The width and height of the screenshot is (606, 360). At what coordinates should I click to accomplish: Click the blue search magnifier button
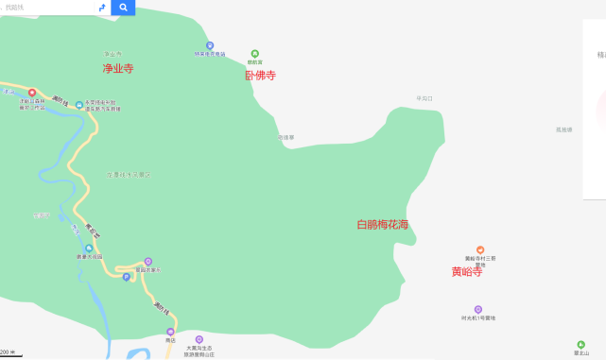123,8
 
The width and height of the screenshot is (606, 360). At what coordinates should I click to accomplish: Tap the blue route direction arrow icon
102,8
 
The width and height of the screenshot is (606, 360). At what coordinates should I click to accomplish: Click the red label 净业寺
118,68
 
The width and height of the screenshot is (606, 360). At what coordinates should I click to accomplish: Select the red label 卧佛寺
260,76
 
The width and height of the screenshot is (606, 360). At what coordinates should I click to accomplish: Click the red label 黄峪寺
466,272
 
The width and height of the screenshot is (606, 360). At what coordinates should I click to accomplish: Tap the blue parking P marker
126,277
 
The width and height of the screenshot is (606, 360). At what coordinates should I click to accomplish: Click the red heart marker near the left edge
32,92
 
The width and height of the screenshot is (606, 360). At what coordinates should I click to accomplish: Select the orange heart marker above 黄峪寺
480,249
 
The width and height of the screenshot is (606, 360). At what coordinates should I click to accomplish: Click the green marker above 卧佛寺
254,54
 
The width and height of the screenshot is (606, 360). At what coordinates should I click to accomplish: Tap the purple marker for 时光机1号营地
478,309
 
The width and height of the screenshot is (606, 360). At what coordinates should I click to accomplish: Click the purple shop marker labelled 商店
170,332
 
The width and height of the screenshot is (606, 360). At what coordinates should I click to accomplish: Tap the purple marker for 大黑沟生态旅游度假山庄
199,339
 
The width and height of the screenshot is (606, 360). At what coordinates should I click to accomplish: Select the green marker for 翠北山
580,345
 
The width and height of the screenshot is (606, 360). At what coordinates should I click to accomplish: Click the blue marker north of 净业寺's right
210,44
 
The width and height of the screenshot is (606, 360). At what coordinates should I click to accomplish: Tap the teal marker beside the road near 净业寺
79,104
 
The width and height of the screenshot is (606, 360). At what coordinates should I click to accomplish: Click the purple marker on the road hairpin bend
147,262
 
